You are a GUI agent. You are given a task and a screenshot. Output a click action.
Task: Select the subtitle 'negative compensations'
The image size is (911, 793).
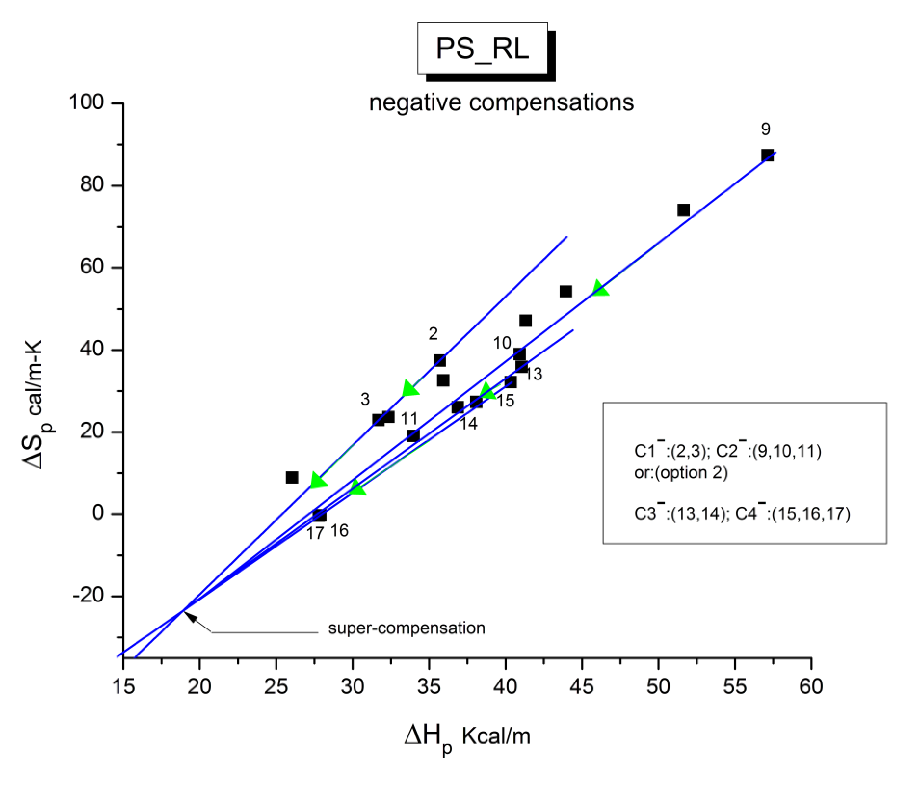tap(501, 103)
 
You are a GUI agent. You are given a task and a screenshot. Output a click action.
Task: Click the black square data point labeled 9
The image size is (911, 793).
tap(767, 155)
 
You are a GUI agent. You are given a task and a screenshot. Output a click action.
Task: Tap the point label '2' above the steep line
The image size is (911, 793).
tap(433, 334)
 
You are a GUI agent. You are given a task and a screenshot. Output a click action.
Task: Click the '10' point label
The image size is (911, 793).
tap(502, 343)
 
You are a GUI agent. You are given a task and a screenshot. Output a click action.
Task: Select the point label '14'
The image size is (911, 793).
tap(468, 424)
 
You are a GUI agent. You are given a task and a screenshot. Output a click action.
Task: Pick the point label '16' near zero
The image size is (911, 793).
tap(339, 530)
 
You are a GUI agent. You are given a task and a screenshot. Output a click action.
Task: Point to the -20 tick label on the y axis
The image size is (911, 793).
tap(88, 596)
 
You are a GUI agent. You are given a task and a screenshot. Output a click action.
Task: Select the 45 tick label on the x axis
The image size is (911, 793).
tap(582, 687)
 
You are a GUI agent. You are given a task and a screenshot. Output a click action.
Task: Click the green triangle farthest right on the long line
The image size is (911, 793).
tap(600, 289)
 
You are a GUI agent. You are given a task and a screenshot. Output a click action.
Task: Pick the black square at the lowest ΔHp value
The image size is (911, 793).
tap(292, 477)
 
